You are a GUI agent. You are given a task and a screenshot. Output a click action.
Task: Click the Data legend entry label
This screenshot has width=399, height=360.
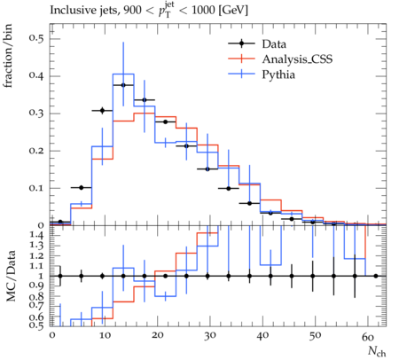pyautogui.click(x=274, y=44)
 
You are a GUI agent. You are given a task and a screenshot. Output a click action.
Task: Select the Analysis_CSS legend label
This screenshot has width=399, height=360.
pyautogui.click(x=297, y=59)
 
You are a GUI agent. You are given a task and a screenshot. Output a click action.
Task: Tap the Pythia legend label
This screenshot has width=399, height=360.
pyautogui.click(x=278, y=74)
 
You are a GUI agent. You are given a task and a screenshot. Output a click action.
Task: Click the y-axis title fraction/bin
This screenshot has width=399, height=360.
pyautogui.click(x=8, y=56)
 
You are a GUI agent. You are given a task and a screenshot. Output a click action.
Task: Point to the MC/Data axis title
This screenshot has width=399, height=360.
pyautogui.click(x=11, y=276)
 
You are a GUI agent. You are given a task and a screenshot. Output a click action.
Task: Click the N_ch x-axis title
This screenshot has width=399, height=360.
pyautogui.click(x=377, y=351)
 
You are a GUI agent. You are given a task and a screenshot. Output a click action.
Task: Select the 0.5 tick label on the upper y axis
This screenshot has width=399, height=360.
pyautogui.click(x=36, y=38)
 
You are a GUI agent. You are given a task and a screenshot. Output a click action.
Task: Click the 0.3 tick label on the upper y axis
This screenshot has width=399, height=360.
pyautogui.click(x=36, y=113)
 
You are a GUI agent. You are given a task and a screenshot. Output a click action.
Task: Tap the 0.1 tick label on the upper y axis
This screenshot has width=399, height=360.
pyautogui.click(x=36, y=188)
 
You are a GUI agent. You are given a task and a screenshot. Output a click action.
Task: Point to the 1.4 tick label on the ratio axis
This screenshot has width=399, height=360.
pyautogui.click(x=36, y=235)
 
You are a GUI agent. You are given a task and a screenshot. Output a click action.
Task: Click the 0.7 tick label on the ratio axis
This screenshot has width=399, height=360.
pyautogui.click(x=36, y=305)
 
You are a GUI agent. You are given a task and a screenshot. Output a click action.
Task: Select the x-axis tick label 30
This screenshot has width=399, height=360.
pyautogui.click(x=210, y=336)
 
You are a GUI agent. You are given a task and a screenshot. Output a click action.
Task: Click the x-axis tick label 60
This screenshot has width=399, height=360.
pyautogui.click(x=368, y=336)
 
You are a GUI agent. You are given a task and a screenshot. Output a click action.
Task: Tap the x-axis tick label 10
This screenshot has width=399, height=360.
pyautogui.click(x=105, y=336)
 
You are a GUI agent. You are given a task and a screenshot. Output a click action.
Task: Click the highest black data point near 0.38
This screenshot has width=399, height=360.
pyautogui.click(x=123, y=85)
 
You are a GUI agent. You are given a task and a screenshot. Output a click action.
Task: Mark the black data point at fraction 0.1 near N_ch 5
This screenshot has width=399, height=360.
pyautogui.click(x=82, y=188)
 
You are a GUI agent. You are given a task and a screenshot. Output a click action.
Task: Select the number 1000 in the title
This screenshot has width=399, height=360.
pyautogui.click(x=203, y=11)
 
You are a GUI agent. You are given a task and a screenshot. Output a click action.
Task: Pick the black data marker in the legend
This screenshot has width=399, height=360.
pyautogui.click(x=241, y=43)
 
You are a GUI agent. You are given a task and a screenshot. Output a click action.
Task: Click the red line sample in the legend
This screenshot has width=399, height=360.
pyautogui.click(x=241, y=59)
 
